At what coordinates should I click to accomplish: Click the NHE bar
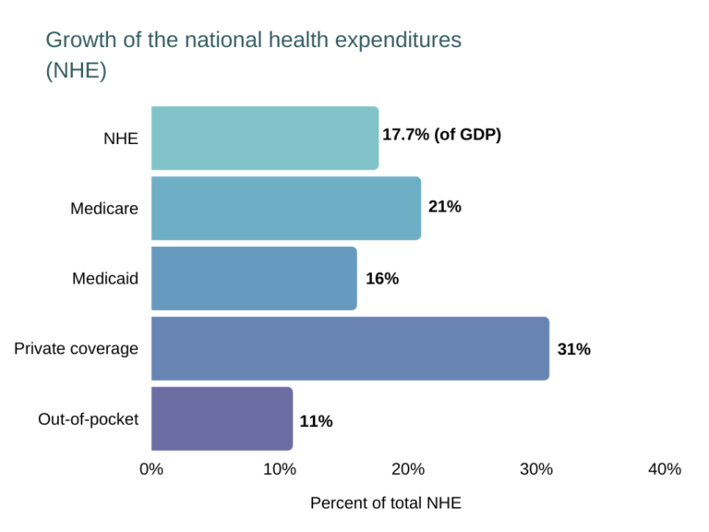265,138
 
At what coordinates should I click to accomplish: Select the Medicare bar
286,208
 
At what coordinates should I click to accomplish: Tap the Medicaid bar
254,278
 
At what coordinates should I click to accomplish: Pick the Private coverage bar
350,348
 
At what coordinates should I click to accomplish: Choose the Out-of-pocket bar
222,418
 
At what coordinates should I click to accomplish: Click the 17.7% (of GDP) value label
441,135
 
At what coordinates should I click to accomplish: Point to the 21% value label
444,207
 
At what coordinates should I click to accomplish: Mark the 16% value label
381,278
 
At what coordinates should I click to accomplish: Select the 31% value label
573,349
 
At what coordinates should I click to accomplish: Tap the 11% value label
316,421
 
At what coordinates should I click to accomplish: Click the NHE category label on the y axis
120,139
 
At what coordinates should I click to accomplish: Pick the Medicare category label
104,209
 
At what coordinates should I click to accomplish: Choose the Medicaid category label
105,278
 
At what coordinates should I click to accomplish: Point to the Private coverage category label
76,348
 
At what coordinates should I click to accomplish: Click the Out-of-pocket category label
88,418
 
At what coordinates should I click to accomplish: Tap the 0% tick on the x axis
151,469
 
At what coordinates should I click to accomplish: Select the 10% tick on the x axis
280,469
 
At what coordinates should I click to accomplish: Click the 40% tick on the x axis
665,469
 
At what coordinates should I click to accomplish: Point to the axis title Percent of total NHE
385,503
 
